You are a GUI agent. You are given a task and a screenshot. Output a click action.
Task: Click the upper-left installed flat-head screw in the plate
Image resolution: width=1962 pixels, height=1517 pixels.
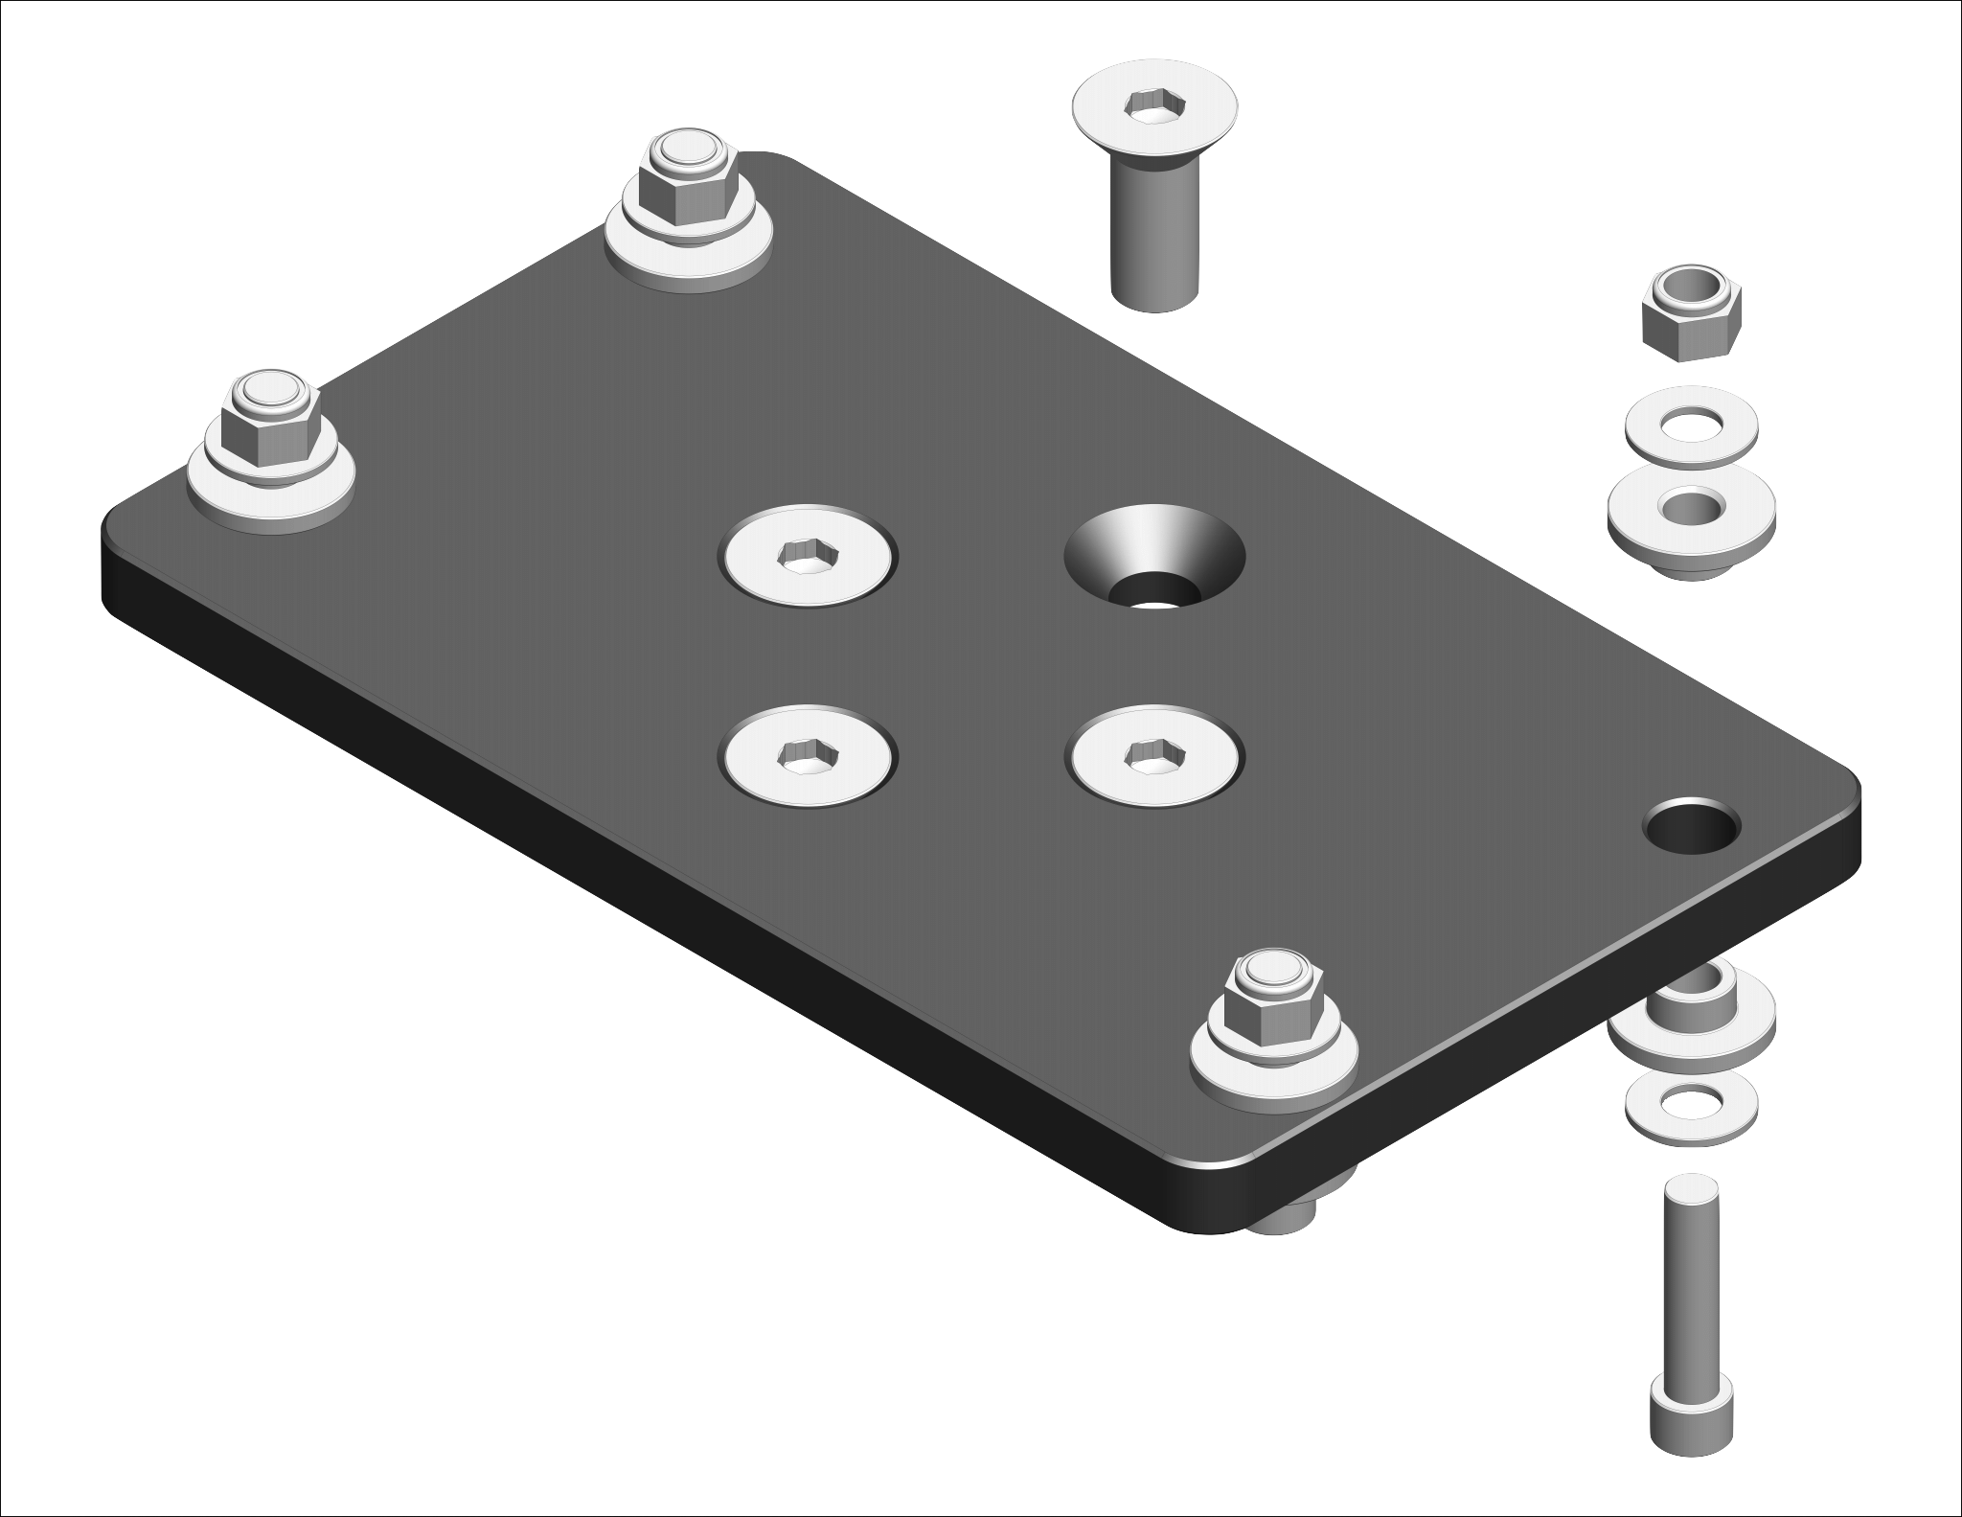point(810,556)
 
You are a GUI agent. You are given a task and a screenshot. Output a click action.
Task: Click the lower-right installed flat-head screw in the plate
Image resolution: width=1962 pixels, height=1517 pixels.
point(1156,755)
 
